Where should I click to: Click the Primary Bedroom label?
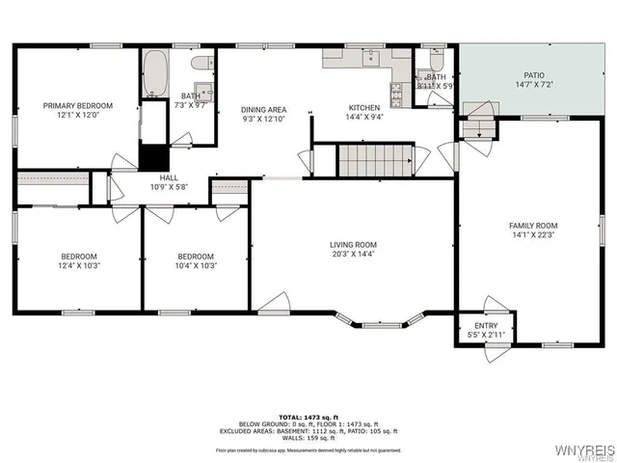(77, 105)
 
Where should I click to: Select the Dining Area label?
(263, 110)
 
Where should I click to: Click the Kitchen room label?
(364, 107)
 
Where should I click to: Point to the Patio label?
(534, 74)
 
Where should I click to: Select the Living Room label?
(353, 245)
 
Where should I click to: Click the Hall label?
(169, 177)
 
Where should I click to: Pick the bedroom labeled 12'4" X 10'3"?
(80, 257)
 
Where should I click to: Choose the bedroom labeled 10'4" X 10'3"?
(196, 257)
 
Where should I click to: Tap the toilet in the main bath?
(201, 64)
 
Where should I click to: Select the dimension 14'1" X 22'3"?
(533, 234)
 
